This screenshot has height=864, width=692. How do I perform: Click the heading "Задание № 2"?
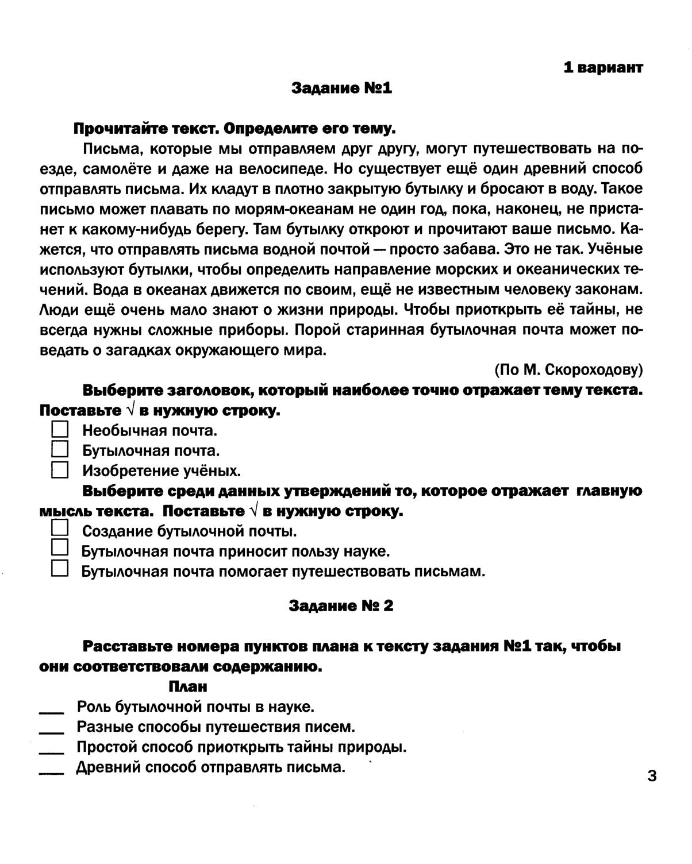pyautogui.click(x=341, y=606)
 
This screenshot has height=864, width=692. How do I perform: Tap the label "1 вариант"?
pyautogui.click(x=603, y=67)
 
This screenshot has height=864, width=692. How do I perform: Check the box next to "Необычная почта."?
pyautogui.click(x=60, y=430)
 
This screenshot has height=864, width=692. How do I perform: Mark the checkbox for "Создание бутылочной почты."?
pyautogui.click(x=60, y=528)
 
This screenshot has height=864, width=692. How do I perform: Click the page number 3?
pyautogui.click(x=652, y=776)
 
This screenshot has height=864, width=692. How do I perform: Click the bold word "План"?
pyautogui.click(x=188, y=686)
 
